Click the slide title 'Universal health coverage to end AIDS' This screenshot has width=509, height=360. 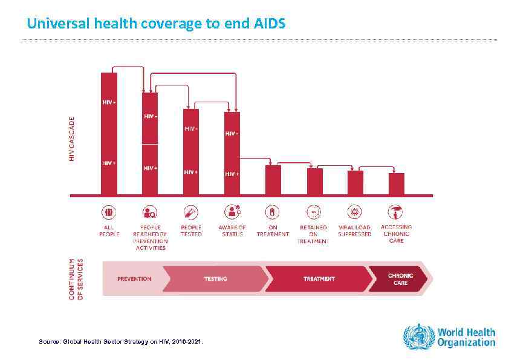coord(156,24)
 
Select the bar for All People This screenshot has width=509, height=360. coord(109,133)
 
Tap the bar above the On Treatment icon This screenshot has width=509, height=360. coord(273,180)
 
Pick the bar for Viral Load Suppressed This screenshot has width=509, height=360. coord(355,183)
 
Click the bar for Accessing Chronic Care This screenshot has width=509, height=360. coord(397,184)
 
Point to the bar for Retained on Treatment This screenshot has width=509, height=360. coord(314,182)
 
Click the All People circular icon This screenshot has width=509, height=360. coord(109,212)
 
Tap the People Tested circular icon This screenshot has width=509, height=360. coord(191,212)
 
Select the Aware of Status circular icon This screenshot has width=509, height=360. coord(232,212)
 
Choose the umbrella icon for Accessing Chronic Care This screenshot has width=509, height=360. coord(397,212)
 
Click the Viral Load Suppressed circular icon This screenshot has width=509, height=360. coord(355,212)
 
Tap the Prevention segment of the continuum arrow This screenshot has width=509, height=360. coord(134,279)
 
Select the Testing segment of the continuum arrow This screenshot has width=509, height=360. coord(216,279)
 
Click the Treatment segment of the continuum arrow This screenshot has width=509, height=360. coord(319,279)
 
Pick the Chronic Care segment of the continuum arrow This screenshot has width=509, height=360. coord(400,279)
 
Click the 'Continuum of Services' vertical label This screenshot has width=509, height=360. coord(76,279)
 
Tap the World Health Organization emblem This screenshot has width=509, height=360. coord(418,336)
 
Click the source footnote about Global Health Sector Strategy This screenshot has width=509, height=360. coord(121,342)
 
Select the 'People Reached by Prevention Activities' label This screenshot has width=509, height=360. coord(149,237)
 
